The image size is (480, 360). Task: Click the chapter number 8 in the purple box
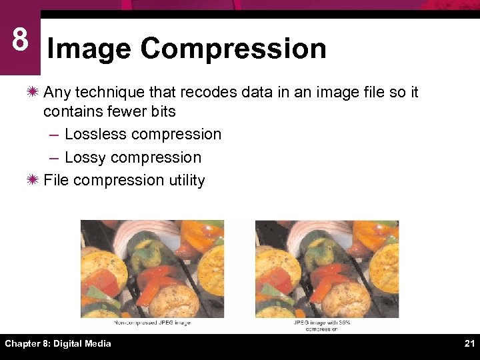[x=20, y=40]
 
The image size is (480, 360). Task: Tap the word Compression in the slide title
[x=233, y=49]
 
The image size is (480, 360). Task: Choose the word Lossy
[x=85, y=157]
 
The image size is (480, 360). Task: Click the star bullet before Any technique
[x=33, y=92]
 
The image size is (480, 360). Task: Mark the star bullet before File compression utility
[x=33, y=180]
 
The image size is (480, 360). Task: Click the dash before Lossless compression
[x=54, y=134]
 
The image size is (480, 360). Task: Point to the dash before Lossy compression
[x=54, y=157]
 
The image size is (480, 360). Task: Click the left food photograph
[x=152, y=269]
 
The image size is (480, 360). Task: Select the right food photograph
[x=327, y=269]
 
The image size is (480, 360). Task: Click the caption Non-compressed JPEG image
[x=152, y=323]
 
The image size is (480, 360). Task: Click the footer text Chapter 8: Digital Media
[x=58, y=343]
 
